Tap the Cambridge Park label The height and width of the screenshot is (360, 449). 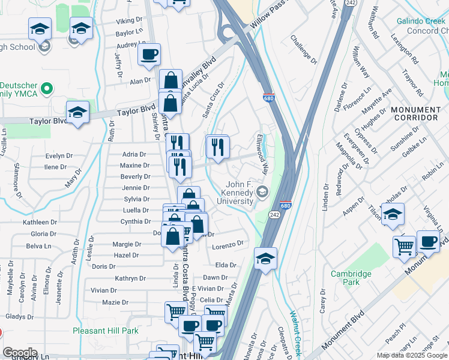coord(351,278)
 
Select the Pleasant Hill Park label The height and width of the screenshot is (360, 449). coord(106,331)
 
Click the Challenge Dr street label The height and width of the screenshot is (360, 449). coord(303,49)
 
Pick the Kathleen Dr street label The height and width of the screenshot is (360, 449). coord(40,222)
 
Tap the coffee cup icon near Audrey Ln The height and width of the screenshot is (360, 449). coord(149,55)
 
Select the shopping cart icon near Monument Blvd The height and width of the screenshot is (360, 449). coord(405,245)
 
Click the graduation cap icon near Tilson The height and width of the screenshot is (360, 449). coord(392,214)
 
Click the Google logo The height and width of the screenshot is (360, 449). coord(20,353)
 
